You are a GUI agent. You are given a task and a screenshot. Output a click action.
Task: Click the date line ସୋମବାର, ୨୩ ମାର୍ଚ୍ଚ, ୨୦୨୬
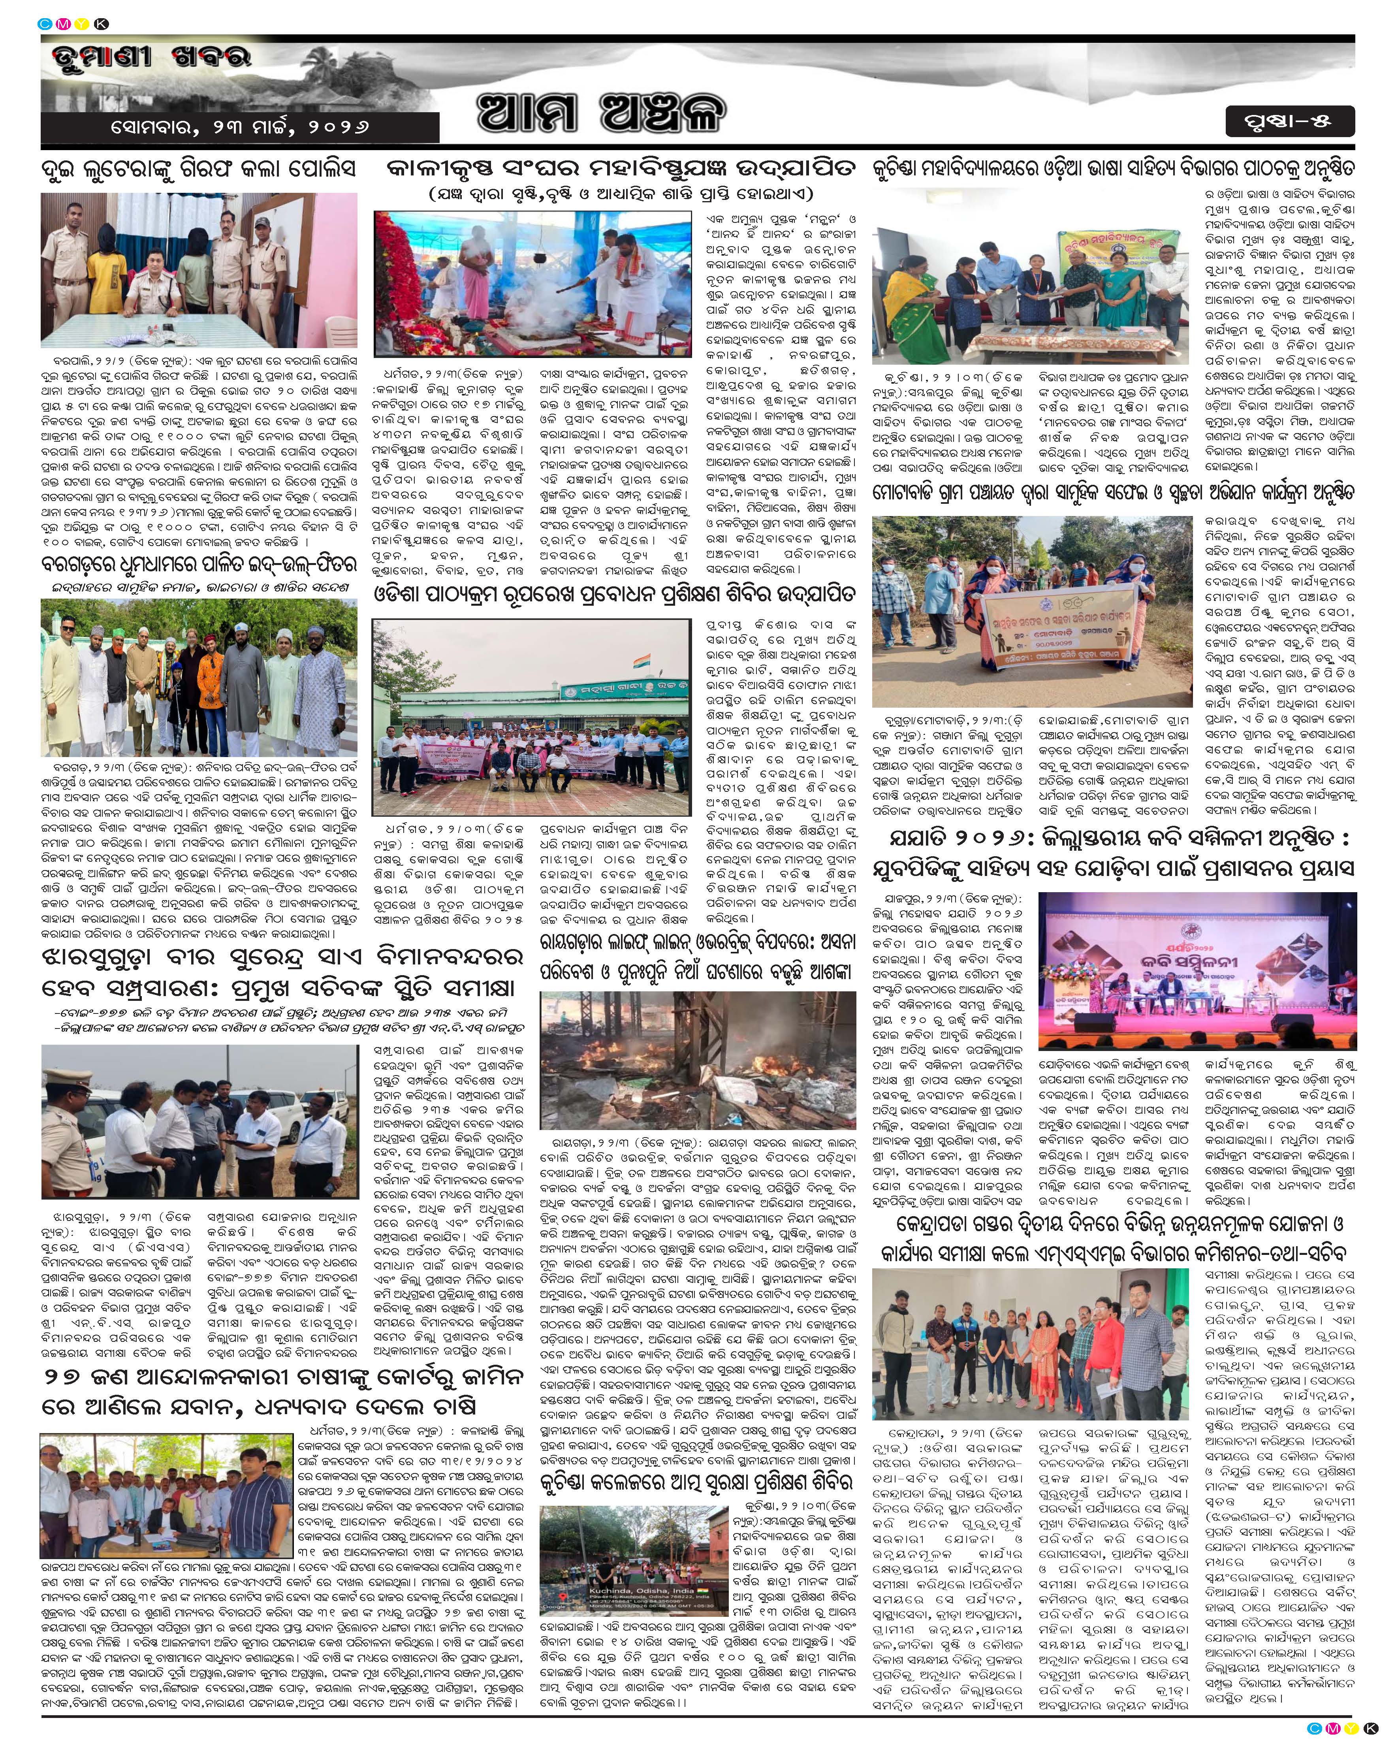pos(241,127)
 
